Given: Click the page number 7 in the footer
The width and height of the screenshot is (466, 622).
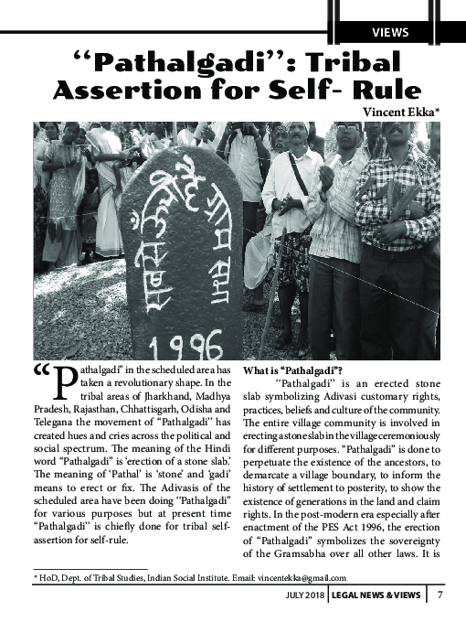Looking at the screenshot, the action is (440, 597).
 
